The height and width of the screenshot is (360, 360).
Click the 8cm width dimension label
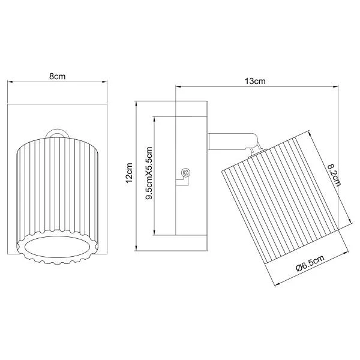[x=57, y=76]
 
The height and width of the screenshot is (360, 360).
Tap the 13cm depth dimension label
[x=255, y=81]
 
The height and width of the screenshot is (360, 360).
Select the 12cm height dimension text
[x=129, y=173]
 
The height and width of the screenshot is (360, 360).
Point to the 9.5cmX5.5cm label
[x=149, y=173]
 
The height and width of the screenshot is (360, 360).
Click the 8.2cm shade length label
[x=334, y=175]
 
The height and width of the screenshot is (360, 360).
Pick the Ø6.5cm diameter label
[x=310, y=263]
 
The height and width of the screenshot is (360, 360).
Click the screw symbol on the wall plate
[x=185, y=172]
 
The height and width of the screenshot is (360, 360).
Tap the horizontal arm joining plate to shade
[x=232, y=142]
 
